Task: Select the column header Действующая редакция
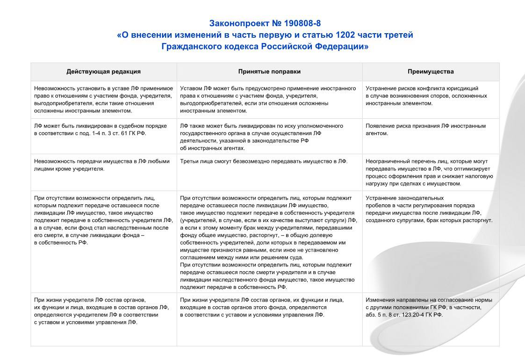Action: tap(103, 72)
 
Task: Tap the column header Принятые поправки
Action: tap(269, 72)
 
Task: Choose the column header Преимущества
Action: tap(431, 72)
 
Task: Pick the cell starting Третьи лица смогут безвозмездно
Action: tap(264, 161)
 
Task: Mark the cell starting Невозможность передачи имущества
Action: tap(102, 165)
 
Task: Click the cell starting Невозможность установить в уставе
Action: tap(103, 99)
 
